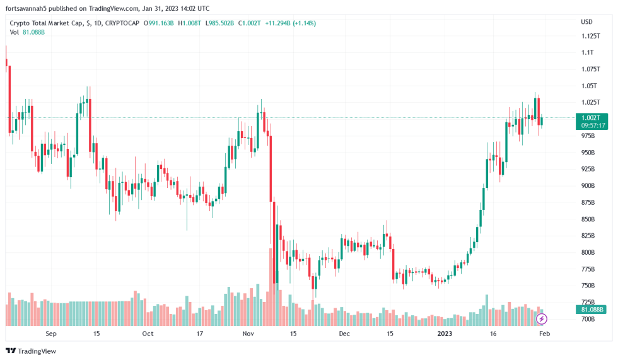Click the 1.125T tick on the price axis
[591, 36]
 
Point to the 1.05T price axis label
[590, 86]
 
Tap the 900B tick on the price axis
[588, 186]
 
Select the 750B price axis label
[588, 286]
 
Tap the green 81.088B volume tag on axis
[592, 310]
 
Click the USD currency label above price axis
[586, 22]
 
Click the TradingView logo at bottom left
[31, 351]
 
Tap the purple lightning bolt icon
[541, 319]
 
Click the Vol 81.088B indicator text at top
[27, 32]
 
